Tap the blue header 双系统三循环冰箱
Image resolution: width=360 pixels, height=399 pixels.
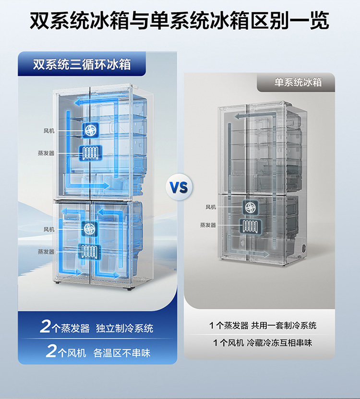(82, 65)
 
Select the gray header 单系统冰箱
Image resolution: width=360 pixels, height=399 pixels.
(298, 82)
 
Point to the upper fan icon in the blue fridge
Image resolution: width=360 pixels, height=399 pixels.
(89, 129)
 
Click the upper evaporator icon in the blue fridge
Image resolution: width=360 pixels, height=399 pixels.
(89, 153)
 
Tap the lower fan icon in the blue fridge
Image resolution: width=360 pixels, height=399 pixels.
(89, 229)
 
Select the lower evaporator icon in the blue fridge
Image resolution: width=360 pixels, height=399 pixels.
(89, 251)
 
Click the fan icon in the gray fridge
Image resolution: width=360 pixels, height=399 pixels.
(250, 207)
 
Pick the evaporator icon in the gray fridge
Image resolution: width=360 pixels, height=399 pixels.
(250, 225)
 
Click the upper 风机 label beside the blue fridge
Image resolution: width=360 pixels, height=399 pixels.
(49, 130)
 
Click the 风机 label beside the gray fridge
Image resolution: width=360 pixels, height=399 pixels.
(211, 207)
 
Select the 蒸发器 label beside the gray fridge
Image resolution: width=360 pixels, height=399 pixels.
(208, 225)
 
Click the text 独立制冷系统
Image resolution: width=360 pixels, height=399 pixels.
(124, 329)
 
